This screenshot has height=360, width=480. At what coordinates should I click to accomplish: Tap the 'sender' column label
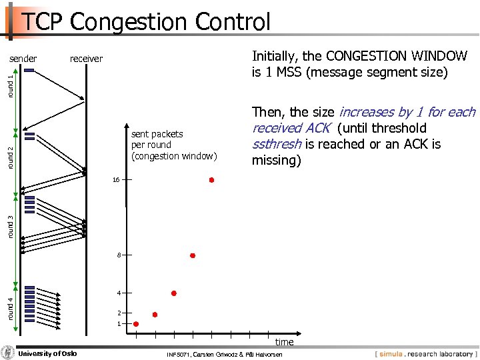(x=23, y=59)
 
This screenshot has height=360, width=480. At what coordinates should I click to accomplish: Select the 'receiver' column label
(x=86, y=59)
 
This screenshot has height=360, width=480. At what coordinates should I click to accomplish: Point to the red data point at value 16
(x=211, y=180)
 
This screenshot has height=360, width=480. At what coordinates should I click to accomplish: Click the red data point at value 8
(x=193, y=255)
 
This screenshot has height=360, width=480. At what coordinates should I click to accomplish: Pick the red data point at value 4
(x=173, y=293)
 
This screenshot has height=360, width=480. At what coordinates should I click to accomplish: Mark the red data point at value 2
(x=155, y=314)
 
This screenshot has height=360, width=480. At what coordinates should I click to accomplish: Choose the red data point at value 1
(x=136, y=324)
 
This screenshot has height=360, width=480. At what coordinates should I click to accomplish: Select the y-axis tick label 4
(x=118, y=293)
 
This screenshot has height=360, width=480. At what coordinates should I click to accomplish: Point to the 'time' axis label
(x=284, y=342)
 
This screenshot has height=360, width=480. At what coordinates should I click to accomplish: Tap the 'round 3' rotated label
(x=10, y=226)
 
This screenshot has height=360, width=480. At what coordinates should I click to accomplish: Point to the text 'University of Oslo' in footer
(x=47, y=353)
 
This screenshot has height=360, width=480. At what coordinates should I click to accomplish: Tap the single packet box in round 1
(x=28, y=71)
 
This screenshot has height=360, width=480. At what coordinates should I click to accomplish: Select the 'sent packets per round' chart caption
(x=174, y=145)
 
